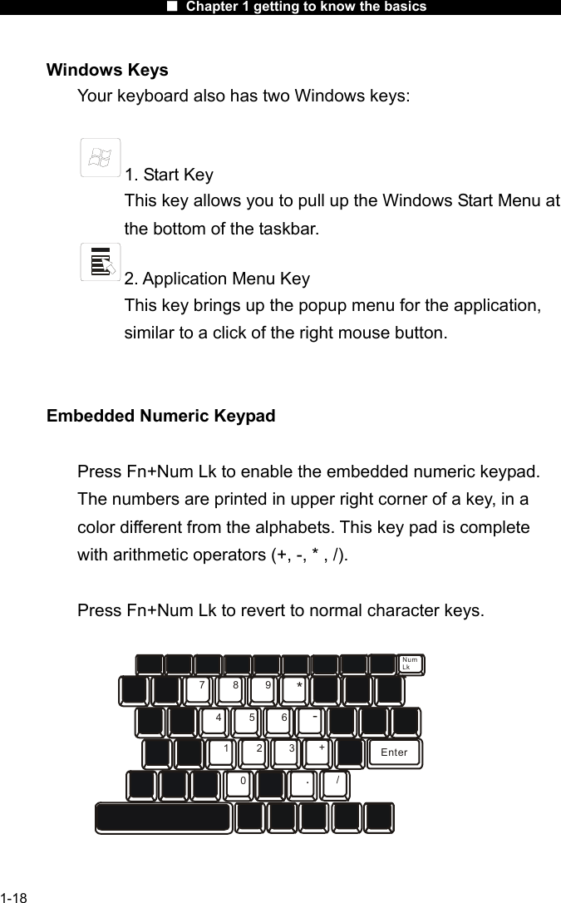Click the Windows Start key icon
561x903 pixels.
coord(101,158)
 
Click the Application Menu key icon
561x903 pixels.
coord(101,262)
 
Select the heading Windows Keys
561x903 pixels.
coord(107,70)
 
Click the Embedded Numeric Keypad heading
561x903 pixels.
coord(160,416)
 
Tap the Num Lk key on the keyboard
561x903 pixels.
coord(411,664)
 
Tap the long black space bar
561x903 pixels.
coord(163,817)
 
